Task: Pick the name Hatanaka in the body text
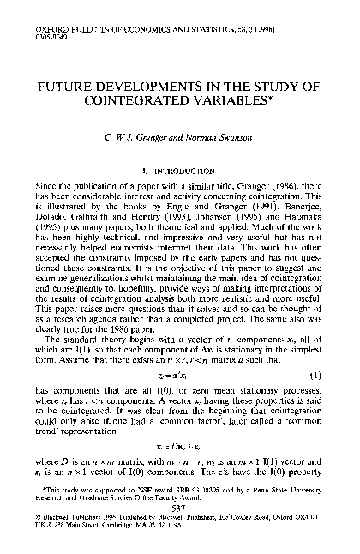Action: tap(297, 218)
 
